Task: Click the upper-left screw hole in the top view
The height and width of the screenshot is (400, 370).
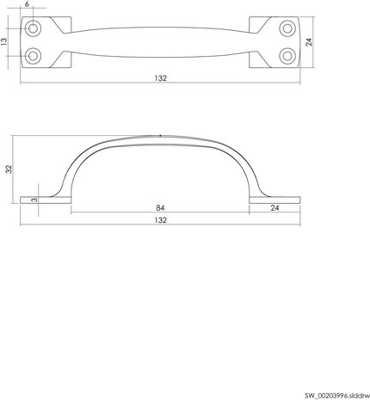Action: [x=34, y=29]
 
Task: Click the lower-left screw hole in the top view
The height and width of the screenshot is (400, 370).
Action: [x=34, y=56]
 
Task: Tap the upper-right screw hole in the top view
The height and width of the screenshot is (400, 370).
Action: [x=287, y=29]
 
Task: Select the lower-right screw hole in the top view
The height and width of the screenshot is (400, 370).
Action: [x=287, y=56]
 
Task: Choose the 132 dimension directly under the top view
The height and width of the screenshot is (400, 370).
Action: [x=160, y=78]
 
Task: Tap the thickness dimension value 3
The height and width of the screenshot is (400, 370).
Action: [x=34, y=199]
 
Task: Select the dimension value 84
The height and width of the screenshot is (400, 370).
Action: [x=160, y=206]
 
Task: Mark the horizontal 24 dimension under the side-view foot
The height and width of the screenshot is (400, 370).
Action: [x=274, y=206]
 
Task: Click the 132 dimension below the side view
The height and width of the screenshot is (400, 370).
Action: [x=160, y=221]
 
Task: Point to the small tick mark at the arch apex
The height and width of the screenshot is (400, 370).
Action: [x=161, y=135]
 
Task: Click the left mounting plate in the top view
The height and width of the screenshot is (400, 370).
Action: [x=38, y=42]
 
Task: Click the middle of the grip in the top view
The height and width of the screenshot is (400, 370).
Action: [x=161, y=42]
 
